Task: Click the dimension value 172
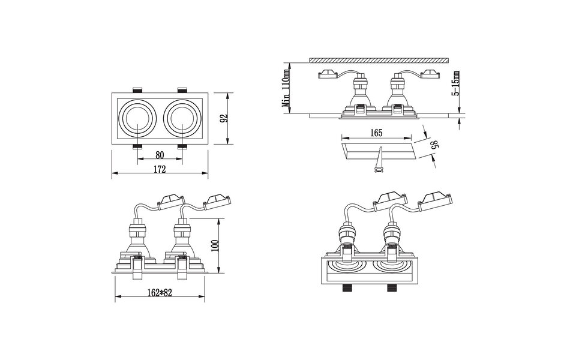coord(160,170)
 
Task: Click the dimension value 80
coord(160,154)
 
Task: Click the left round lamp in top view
coord(137,118)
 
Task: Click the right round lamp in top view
coord(182,118)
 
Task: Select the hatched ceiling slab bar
coord(379,60)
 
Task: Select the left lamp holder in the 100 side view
coord(136,236)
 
